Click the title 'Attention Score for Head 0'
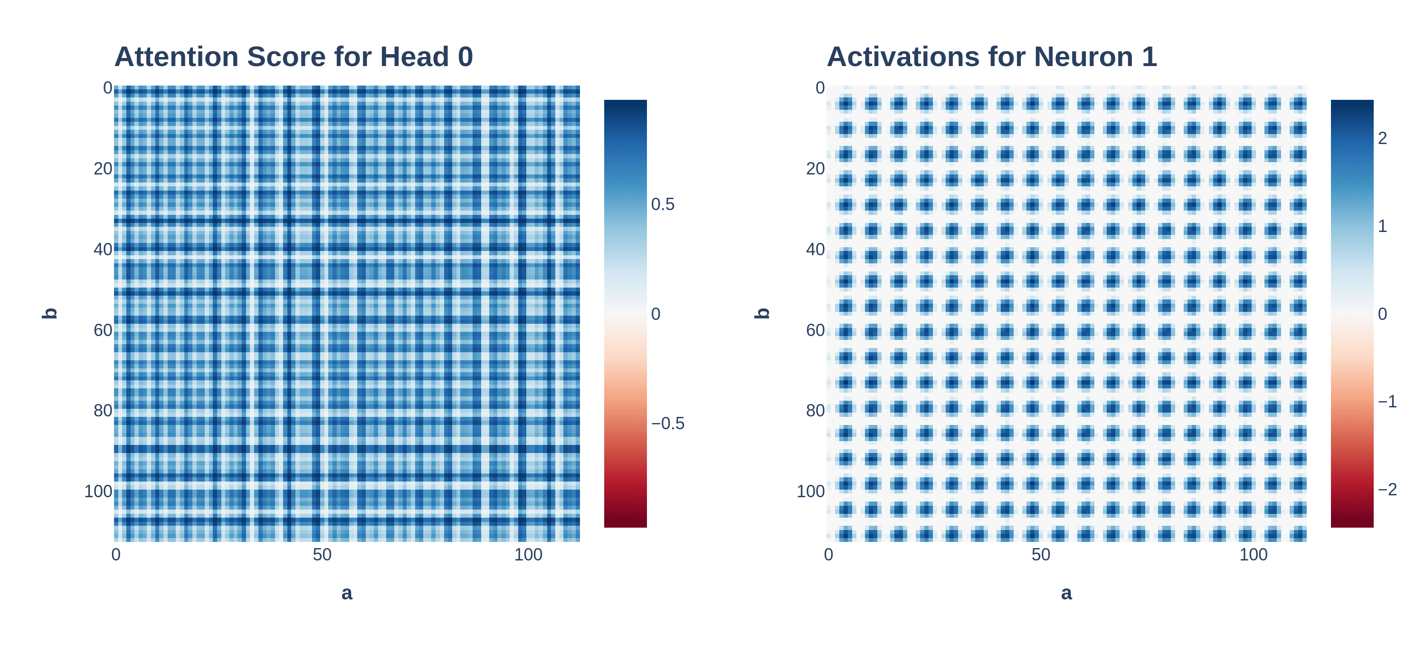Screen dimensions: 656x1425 coord(293,57)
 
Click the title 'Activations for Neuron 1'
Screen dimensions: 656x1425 coord(991,57)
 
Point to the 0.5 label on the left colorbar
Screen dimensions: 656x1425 coord(663,204)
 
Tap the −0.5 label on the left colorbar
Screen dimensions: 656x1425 coord(668,424)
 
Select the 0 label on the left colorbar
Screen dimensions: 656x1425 coord(655,314)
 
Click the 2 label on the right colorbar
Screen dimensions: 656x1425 coord(1382,138)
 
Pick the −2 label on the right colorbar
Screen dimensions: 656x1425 coord(1387,489)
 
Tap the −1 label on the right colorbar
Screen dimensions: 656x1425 coord(1387,401)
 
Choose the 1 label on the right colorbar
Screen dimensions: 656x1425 coord(1382,226)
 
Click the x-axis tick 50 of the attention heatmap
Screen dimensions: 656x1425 coord(322,555)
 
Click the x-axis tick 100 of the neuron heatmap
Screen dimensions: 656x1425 coord(1253,555)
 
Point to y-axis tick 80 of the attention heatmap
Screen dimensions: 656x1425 coord(103,411)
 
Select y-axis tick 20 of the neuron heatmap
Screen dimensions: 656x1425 coord(816,169)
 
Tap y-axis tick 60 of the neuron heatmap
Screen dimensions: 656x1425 coord(816,330)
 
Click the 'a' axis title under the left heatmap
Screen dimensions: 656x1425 coord(347,593)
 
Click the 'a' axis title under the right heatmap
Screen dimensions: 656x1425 coord(1066,593)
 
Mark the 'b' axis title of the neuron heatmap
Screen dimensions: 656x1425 coord(763,313)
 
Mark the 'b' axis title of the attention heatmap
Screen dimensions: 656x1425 coord(50,313)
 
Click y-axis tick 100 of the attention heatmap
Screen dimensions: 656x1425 coord(98,492)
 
